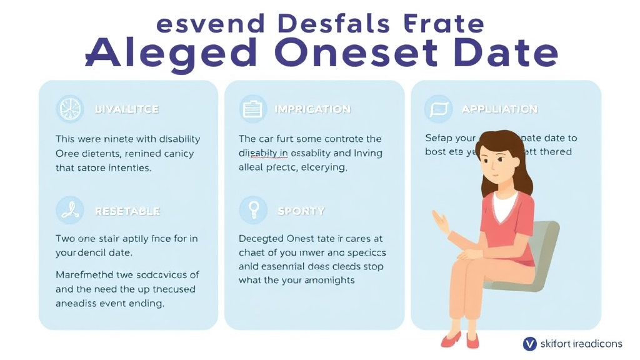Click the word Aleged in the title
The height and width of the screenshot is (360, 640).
171,52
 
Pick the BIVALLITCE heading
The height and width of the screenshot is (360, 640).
127,109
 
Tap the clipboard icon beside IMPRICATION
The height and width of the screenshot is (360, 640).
252,109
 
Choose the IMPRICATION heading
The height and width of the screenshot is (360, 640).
312,109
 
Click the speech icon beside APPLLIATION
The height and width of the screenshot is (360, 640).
437,109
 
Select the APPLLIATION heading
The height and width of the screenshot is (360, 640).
499,109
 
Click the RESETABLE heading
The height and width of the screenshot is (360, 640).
127,211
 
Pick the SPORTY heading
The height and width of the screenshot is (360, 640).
301,211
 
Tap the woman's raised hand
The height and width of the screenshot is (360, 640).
441,222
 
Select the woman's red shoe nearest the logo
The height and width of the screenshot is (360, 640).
473,341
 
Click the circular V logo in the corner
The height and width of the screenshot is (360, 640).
529,343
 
